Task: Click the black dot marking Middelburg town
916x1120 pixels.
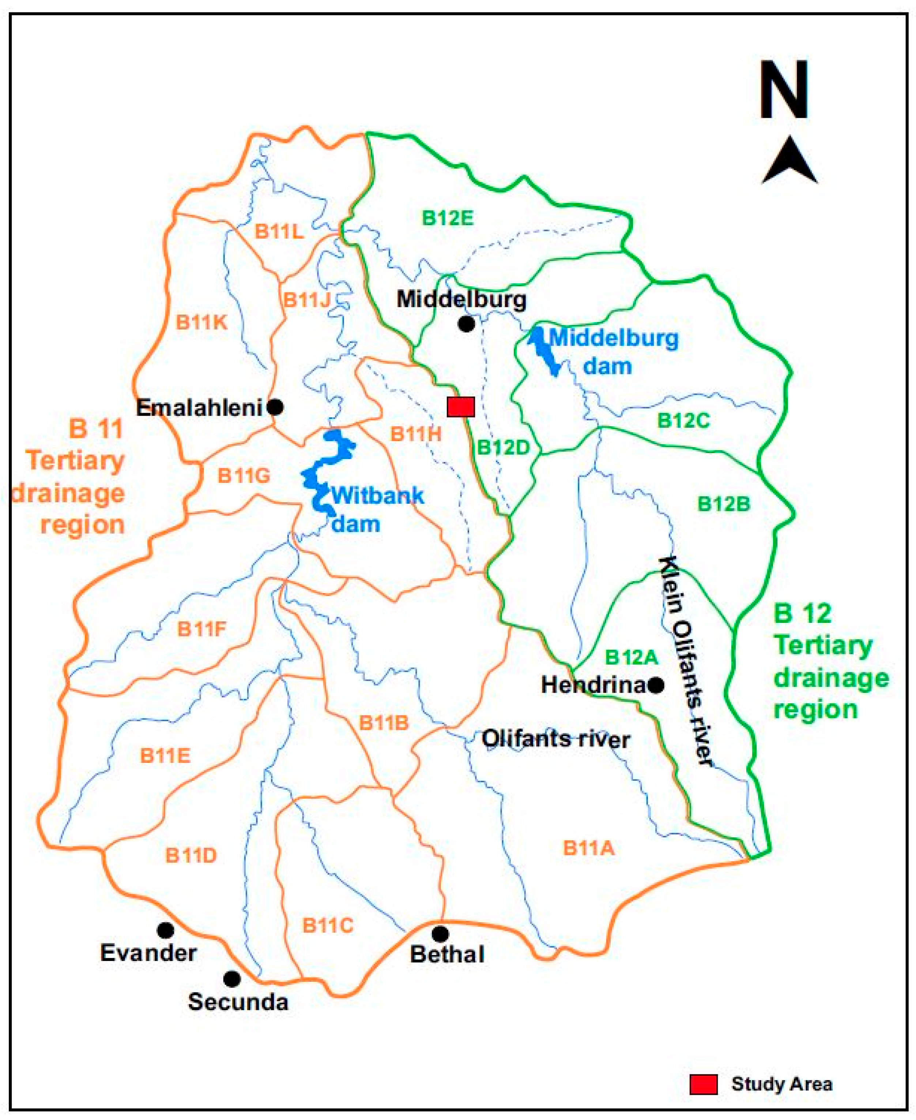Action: tap(466, 324)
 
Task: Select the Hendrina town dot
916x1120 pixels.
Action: tap(656, 685)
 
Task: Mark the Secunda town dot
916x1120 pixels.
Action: tap(231, 979)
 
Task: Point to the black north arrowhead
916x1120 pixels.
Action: tap(789, 161)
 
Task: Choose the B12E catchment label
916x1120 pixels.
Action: tap(448, 218)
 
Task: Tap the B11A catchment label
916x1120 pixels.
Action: tap(589, 848)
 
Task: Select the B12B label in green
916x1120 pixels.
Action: tap(723, 504)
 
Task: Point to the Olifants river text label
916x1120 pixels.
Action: tap(555, 739)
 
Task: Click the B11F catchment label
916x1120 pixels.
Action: tap(201, 629)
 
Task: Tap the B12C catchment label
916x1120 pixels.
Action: tap(683, 421)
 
